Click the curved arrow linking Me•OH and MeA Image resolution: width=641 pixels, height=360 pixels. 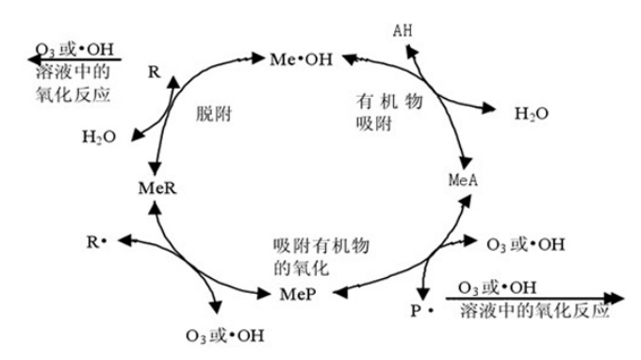click(443, 104)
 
